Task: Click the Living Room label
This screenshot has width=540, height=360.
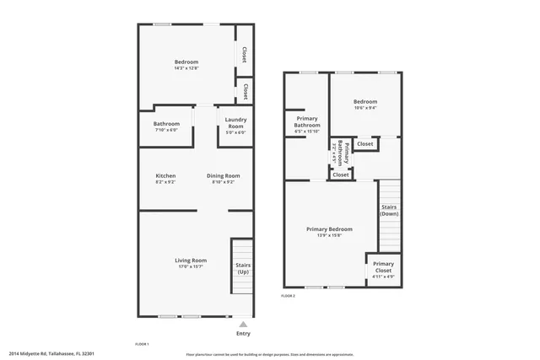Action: [x=192, y=261]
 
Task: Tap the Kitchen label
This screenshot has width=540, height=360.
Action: [x=165, y=175]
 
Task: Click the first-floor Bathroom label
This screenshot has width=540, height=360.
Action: [x=166, y=124]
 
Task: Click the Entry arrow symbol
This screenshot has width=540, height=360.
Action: [x=243, y=324]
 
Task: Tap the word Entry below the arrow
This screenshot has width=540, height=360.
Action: [x=243, y=333]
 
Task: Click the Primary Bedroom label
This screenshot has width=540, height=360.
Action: [x=329, y=228]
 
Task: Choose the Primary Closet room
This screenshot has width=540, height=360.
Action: [x=383, y=268]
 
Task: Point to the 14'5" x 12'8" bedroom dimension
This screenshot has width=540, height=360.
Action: [x=186, y=67]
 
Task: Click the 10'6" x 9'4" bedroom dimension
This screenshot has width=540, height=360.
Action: [x=365, y=107]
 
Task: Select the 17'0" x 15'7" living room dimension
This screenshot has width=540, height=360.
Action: [x=192, y=266]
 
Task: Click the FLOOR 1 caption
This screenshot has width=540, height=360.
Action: [x=142, y=344]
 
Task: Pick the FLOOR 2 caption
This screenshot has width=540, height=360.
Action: [x=289, y=296]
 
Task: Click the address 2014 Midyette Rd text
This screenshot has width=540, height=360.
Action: [x=51, y=353]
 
